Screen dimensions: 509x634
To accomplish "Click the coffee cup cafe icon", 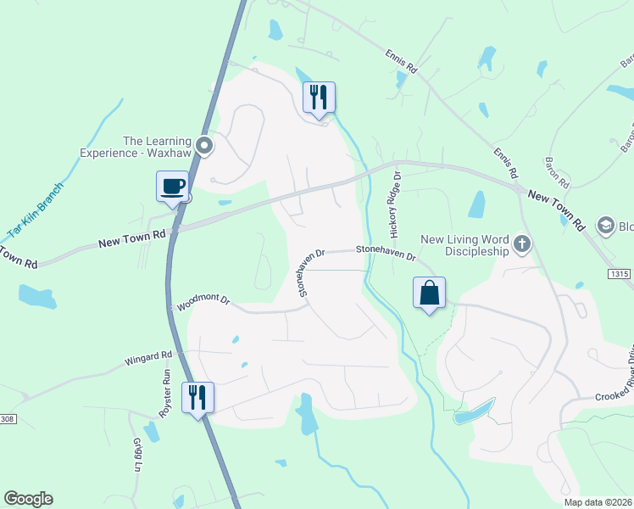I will pyautogui.click(x=172, y=186).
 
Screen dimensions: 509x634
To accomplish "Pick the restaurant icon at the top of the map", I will pyautogui.click(x=320, y=97).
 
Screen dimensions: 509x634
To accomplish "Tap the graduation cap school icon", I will pyautogui.click(x=605, y=225).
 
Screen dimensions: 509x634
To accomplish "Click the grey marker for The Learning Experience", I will pyautogui.click(x=203, y=147).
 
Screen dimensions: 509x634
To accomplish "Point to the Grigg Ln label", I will pyautogui.click(x=137, y=455).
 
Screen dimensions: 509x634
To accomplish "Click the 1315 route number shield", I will pyautogui.click(x=620, y=274).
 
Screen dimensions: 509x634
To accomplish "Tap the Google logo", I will pyautogui.click(x=28, y=499).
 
